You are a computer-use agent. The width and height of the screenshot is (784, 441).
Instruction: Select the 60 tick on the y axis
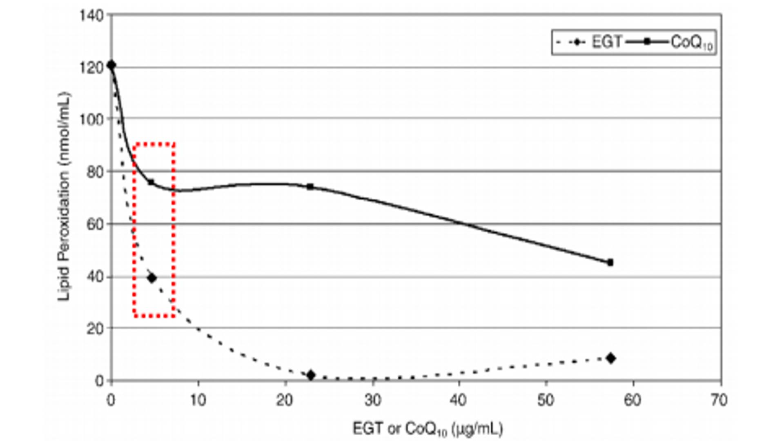[95, 225]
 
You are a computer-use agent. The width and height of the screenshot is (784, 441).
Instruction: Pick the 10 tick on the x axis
[198, 401]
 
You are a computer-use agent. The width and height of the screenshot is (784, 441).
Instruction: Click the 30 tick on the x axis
[372, 401]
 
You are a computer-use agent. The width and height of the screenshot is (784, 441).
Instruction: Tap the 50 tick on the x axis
[546, 401]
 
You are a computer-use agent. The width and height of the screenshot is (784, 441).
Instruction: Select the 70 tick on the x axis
[719, 401]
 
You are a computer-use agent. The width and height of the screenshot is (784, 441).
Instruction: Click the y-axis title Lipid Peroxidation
[64, 196]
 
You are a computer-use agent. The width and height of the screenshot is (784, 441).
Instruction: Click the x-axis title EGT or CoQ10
[428, 429]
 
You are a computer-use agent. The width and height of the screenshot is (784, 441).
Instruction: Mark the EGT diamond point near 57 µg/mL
[611, 358]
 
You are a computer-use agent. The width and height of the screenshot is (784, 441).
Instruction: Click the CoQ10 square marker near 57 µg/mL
[610, 263]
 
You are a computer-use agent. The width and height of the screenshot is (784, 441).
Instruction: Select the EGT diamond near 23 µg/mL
[311, 375]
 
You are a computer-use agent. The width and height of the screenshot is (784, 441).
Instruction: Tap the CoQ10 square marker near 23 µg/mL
[310, 187]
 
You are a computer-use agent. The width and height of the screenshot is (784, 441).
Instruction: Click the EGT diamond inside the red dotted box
[152, 278]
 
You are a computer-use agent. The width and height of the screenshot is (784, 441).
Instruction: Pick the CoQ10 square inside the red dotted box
[151, 182]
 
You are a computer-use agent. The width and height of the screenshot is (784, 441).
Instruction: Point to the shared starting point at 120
[111, 65]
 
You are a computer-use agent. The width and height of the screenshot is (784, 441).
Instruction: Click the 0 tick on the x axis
[111, 401]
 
